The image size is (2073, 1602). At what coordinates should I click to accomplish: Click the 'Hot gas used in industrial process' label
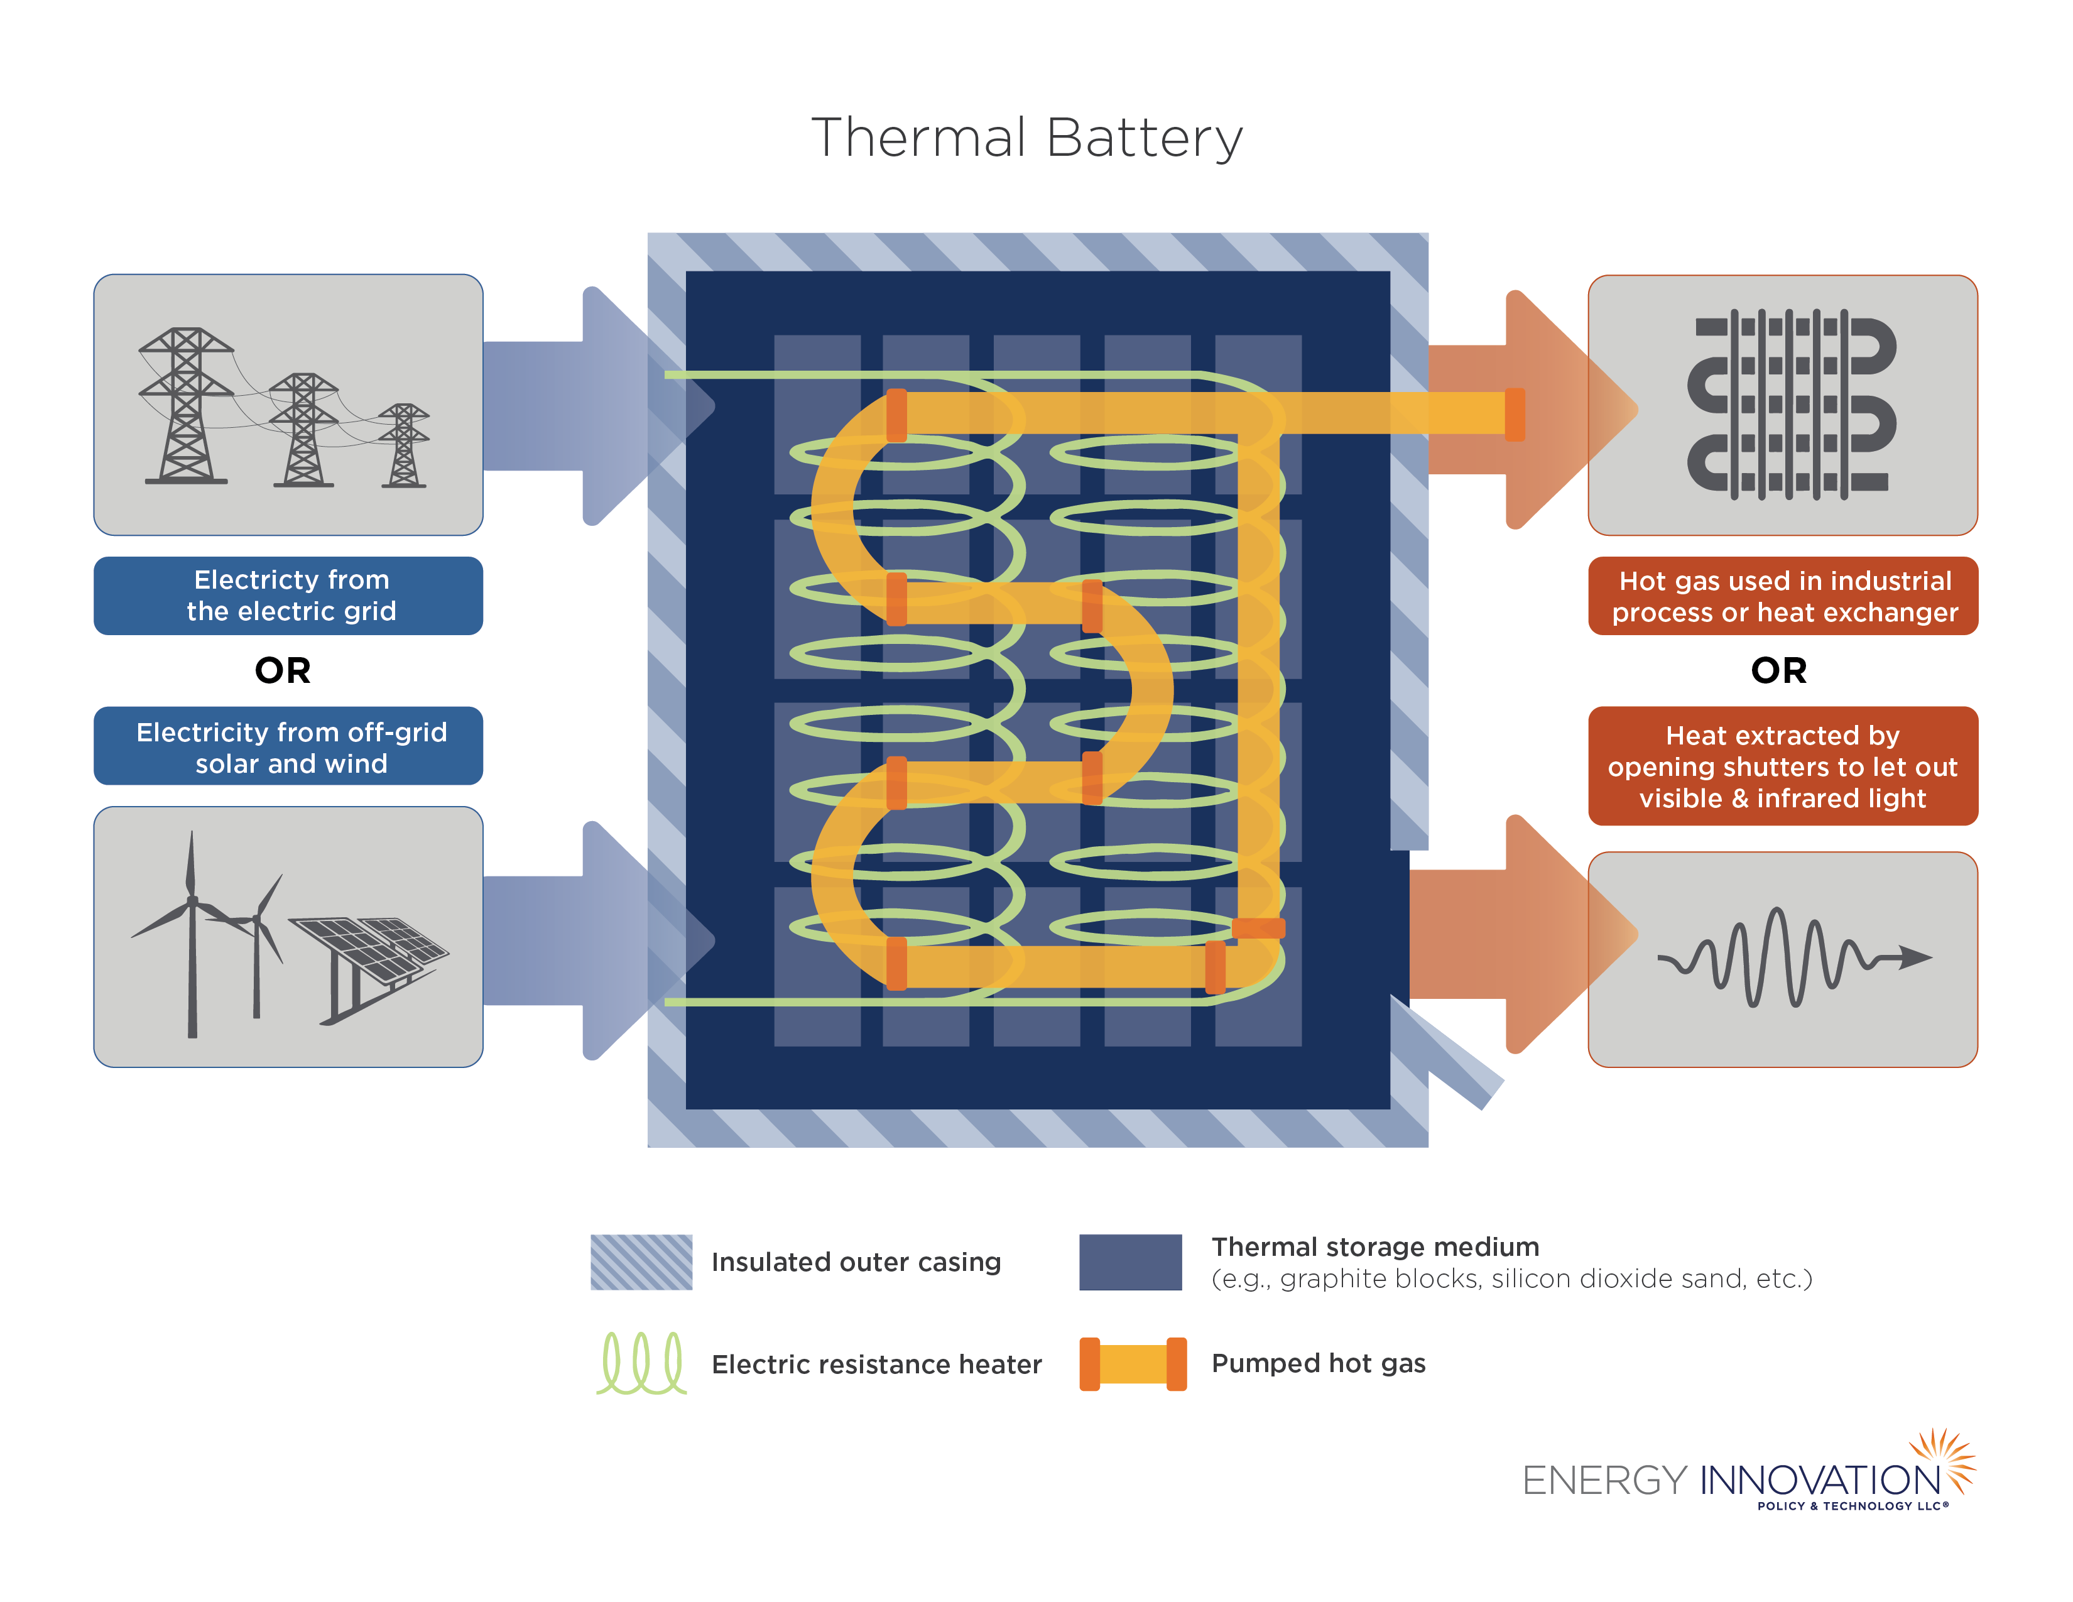pyautogui.click(x=1783, y=596)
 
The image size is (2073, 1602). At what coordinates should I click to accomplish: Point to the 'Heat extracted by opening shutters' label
pyautogui.click(x=1783, y=766)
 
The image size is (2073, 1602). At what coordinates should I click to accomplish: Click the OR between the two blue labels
pyautogui.click(x=283, y=670)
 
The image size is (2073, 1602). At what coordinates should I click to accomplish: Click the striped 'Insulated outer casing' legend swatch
pyautogui.click(x=641, y=1261)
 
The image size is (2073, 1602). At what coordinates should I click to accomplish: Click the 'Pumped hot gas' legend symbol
pyautogui.click(x=1133, y=1364)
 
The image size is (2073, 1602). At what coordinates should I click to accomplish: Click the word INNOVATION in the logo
pyautogui.click(x=1820, y=1481)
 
